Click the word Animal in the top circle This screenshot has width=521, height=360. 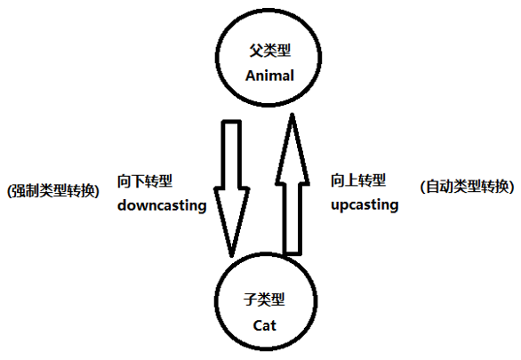(269, 76)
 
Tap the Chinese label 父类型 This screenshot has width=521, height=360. (269, 51)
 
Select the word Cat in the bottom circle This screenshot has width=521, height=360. (264, 325)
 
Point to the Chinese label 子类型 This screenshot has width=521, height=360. (264, 300)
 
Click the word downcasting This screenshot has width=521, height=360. (162, 205)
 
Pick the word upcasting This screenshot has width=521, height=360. (365, 205)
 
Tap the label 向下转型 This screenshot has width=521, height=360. (145, 181)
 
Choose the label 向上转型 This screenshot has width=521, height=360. (358, 180)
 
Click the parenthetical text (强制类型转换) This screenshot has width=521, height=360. (53, 190)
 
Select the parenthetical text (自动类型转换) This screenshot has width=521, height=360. (467, 187)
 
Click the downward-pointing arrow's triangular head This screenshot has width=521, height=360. (231, 220)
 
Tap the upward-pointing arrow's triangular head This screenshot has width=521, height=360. (293, 149)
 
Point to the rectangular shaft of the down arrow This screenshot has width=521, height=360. (231, 155)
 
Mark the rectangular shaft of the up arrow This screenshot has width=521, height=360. (293, 220)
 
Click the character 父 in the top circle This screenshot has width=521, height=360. (256, 51)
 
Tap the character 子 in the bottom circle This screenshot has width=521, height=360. (250, 300)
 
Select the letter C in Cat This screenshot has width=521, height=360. (258, 325)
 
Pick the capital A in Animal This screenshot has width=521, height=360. (251, 76)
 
